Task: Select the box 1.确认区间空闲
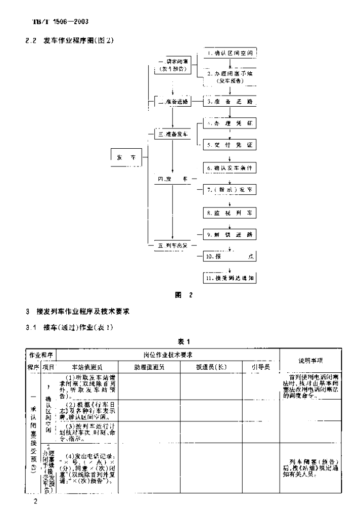[230, 53]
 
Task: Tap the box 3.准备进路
[230, 101]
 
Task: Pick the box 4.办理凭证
[230, 123]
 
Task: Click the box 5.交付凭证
[230, 145]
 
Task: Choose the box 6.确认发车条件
[230, 167]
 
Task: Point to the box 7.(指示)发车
[230, 190]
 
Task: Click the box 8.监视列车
[230, 213]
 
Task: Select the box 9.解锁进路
[230, 235]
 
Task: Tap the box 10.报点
[230, 257]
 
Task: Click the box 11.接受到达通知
[230, 278]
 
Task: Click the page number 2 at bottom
[35, 501]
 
